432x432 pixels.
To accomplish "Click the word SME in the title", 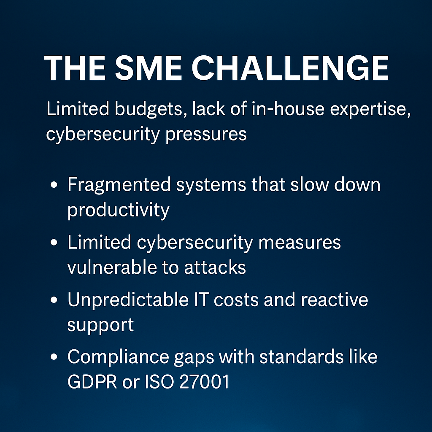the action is (148, 68).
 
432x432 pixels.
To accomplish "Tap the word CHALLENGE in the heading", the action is (290, 68).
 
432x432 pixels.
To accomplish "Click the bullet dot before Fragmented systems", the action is (54, 185).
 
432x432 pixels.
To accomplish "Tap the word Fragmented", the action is (119, 185).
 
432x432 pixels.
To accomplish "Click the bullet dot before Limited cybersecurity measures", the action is (54, 243).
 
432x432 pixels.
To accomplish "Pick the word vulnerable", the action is (112, 267).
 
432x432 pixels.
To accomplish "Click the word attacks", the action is (215, 267).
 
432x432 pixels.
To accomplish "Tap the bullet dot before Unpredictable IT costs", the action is (54, 300).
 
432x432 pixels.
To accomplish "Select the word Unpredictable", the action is (128, 300).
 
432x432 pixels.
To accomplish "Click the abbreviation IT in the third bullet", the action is (201, 300).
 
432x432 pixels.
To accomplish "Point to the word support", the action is (100, 325).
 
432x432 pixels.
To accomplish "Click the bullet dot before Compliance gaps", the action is (54, 357).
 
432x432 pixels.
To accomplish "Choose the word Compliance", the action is (118, 357).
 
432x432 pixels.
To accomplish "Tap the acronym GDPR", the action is (92, 382).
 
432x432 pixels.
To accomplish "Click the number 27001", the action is (204, 382).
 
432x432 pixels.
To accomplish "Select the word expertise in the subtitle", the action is (370, 109).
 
